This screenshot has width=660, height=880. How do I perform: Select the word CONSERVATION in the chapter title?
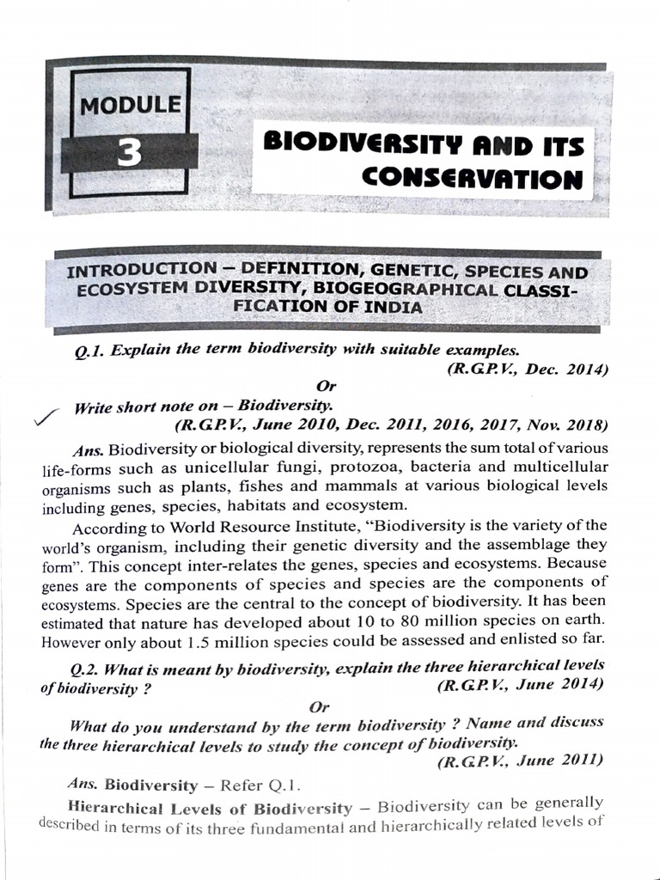pyautogui.click(x=472, y=178)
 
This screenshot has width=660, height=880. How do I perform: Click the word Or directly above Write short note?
pyautogui.click(x=325, y=387)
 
